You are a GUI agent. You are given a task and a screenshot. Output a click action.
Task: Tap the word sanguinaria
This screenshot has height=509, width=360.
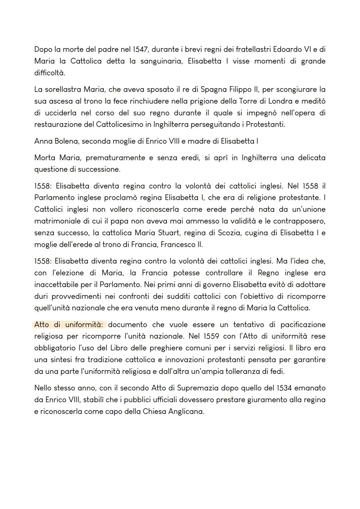tap(161, 61)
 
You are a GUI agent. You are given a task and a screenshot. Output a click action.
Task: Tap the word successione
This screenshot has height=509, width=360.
tap(99, 170)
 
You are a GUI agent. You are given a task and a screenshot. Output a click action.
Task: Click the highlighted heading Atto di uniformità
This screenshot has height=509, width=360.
tap(70, 325)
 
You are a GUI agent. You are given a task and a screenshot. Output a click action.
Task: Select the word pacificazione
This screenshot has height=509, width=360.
tap(303, 325)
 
